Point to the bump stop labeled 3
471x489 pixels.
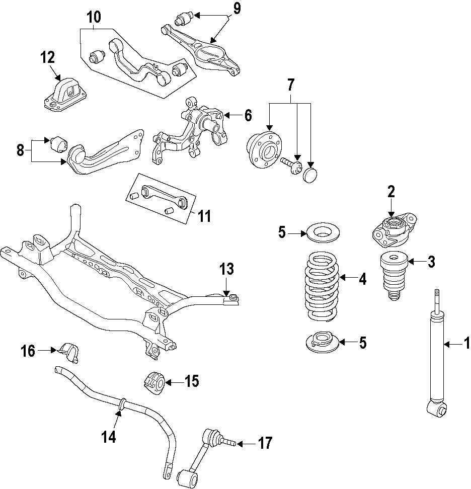(x=392, y=276)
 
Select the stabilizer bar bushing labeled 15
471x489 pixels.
(x=154, y=383)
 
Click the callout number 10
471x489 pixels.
(x=94, y=17)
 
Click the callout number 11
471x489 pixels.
(x=203, y=217)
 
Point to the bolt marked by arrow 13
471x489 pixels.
(x=232, y=299)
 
